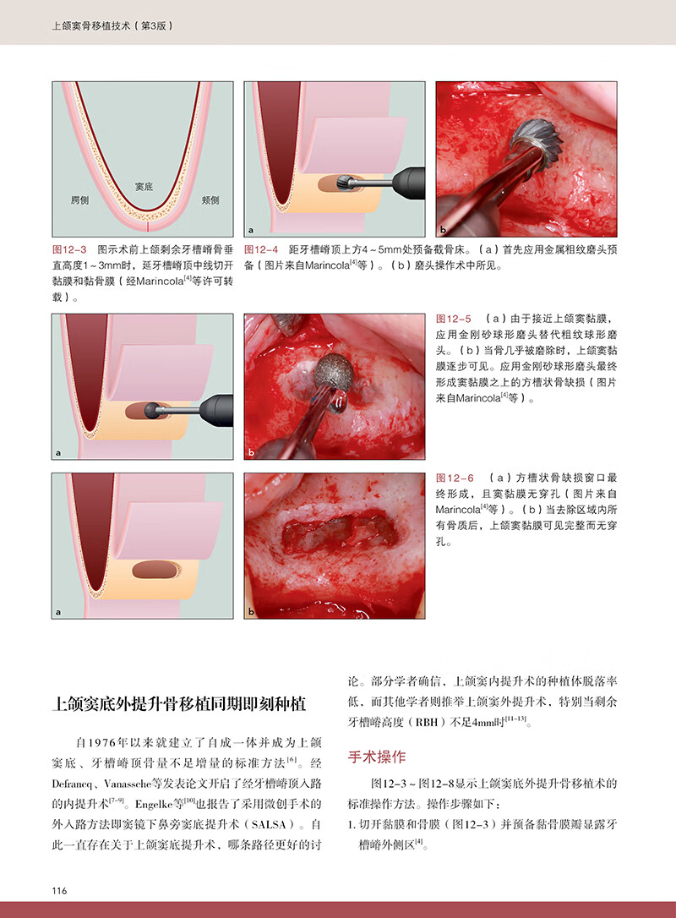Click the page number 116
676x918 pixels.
point(59,890)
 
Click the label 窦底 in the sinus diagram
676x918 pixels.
point(144,186)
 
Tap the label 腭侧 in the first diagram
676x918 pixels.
point(79,200)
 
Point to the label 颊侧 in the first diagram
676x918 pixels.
point(210,200)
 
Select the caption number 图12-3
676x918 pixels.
point(69,249)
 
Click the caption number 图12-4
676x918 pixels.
point(261,249)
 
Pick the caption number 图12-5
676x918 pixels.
point(454,319)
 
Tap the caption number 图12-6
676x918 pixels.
point(455,478)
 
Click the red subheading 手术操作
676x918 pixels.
point(376,757)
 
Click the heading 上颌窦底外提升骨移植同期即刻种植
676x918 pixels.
point(179,704)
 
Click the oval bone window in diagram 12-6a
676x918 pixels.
point(155,570)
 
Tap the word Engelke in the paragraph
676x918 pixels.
point(154,805)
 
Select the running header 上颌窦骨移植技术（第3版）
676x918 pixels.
point(112,25)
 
